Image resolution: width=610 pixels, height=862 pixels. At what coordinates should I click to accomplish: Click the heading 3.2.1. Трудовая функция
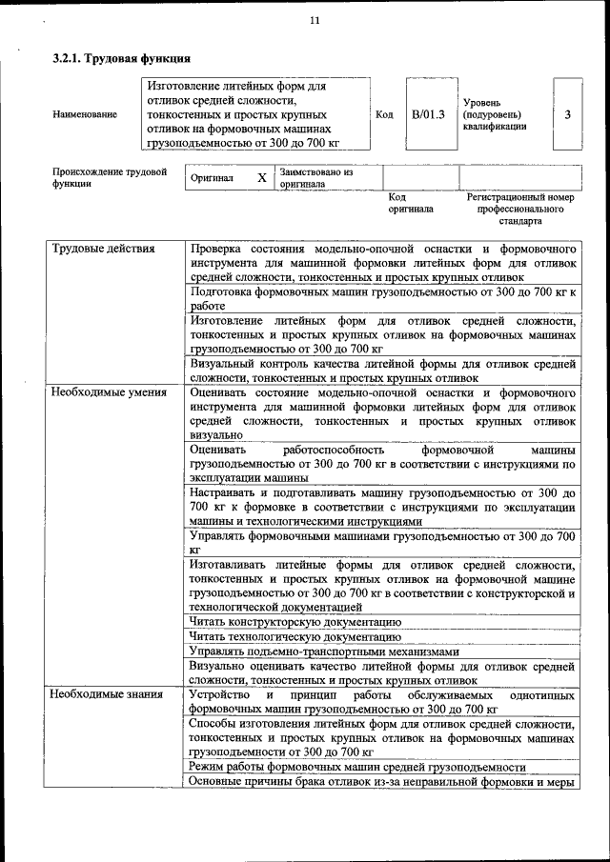(x=114, y=58)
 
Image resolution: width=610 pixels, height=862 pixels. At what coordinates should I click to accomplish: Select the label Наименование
(x=85, y=114)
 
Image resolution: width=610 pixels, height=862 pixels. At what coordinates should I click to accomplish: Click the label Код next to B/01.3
(x=384, y=114)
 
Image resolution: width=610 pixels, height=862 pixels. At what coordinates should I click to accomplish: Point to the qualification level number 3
(x=567, y=114)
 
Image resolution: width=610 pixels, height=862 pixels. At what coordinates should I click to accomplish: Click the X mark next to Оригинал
(x=261, y=178)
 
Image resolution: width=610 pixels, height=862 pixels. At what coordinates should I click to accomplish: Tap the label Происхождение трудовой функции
(x=110, y=178)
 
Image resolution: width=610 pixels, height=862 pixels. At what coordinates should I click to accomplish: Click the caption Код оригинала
(x=410, y=202)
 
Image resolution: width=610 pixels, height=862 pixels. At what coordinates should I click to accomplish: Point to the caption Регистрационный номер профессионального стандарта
(x=519, y=208)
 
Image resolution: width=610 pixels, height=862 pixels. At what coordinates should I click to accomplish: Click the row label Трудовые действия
(x=103, y=250)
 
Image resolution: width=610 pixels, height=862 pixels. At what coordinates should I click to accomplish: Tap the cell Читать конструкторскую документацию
(x=295, y=622)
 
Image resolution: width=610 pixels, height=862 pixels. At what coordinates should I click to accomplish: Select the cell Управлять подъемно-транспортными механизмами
(x=324, y=652)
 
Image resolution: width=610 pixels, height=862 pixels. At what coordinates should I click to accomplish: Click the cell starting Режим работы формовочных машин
(x=357, y=767)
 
